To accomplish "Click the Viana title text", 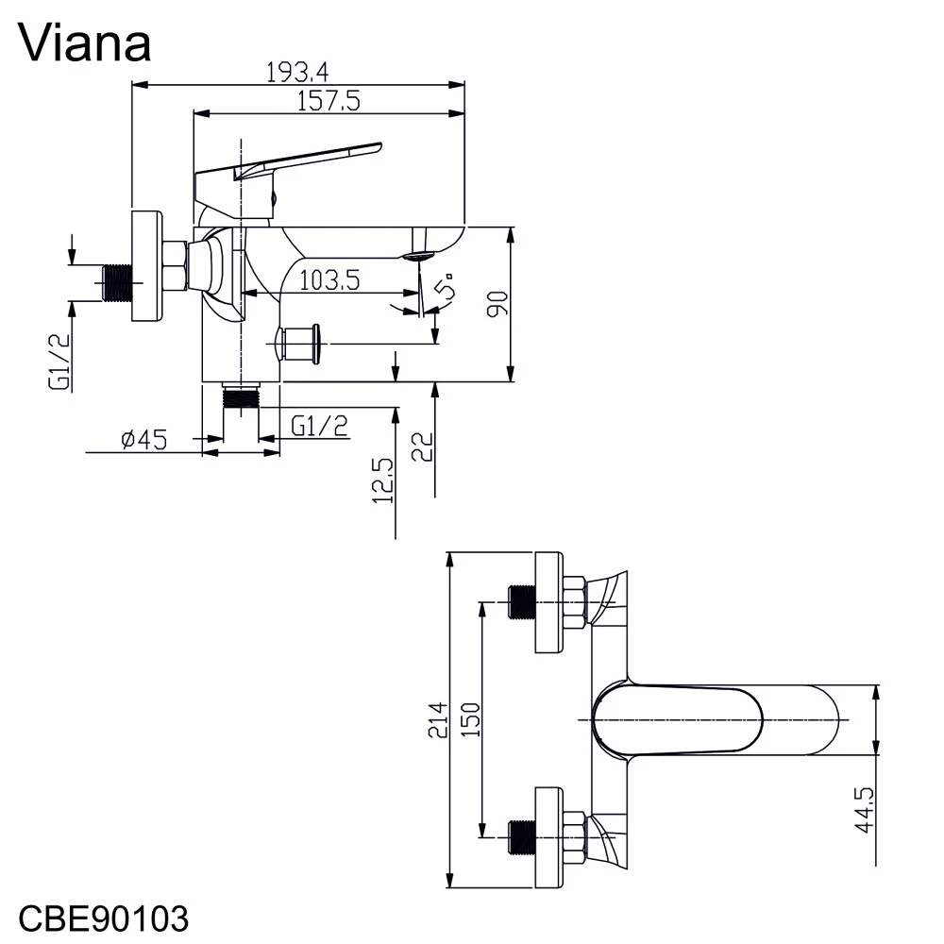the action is pyautogui.click(x=84, y=42).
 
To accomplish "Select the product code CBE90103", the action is pyautogui.click(x=104, y=919).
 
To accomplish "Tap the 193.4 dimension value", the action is pyautogui.click(x=297, y=73).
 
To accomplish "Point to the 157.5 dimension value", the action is pyautogui.click(x=329, y=101).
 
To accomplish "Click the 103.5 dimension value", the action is pyautogui.click(x=329, y=280).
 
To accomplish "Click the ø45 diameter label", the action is pyautogui.click(x=144, y=440).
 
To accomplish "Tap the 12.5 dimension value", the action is pyautogui.click(x=383, y=481).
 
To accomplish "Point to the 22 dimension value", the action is pyautogui.click(x=423, y=447).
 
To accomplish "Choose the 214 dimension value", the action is pyautogui.click(x=438, y=720).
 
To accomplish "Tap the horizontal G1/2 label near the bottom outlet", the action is pyautogui.click(x=320, y=427).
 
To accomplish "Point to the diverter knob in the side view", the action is pyautogui.click(x=298, y=344).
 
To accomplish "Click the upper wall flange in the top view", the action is pyautogui.click(x=549, y=602).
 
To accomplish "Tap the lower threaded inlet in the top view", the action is pyautogui.click(x=522, y=836).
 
